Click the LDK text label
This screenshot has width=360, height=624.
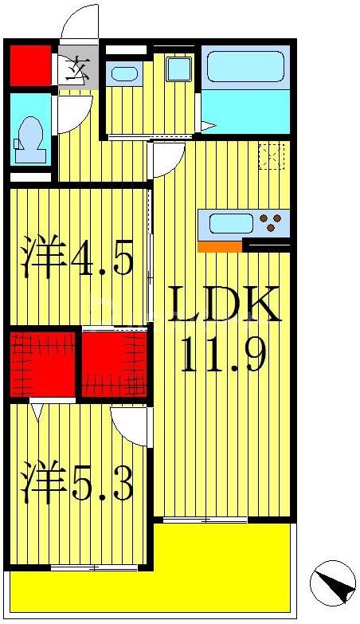pos(225,304)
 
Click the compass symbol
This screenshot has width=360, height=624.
pos(333,582)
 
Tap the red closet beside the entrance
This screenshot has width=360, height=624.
pos(30,65)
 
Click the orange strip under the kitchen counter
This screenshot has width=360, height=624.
pos(219,247)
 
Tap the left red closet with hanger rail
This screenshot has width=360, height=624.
pos(43,363)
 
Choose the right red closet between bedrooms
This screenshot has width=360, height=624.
pos(114,363)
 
